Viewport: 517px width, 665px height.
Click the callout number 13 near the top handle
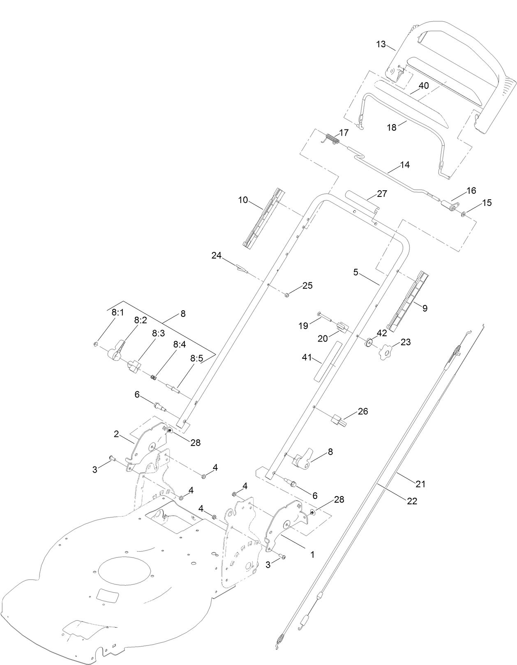coord(381,44)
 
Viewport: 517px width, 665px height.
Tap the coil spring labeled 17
coord(333,139)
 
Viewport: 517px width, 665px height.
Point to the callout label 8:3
coord(158,333)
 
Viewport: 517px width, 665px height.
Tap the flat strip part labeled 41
coord(325,361)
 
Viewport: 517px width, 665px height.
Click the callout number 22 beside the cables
coord(412,501)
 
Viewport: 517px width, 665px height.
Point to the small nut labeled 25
coord(287,295)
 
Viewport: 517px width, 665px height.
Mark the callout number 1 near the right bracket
coord(312,554)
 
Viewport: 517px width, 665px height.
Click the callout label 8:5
coord(196,358)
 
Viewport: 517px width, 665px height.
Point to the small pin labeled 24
coord(241,270)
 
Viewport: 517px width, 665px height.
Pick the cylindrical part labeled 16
coord(449,205)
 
